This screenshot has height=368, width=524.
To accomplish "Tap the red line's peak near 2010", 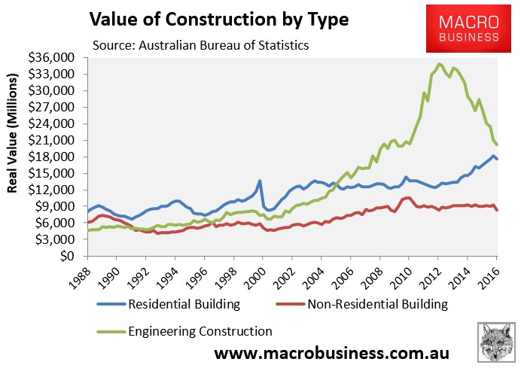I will point(407,197).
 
